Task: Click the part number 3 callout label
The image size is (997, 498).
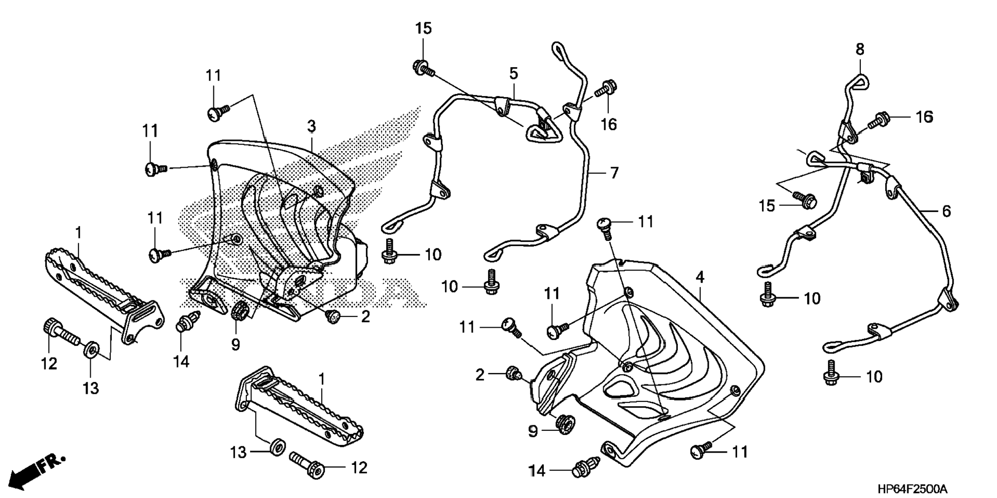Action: pyautogui.click(x=311, y=126)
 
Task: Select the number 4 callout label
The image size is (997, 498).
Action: pyautogui.click(x=700, y=278)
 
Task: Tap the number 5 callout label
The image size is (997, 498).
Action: pyautogui.click(x=513, y=73)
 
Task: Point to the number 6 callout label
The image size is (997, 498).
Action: pyautogui.click(x=946, y=211)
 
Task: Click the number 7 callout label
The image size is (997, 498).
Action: pyautogui.click(x=613, y=173)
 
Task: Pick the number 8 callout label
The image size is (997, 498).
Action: pyautogui.click(x=859, y=50)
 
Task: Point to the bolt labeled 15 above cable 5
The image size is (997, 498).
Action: pyautogui.click(x=422, y=67)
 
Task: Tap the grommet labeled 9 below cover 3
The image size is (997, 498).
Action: pyautogui.click(x=240, y=312)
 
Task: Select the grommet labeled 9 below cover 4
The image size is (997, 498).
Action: pyautogui.click(x=562, y=423)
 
